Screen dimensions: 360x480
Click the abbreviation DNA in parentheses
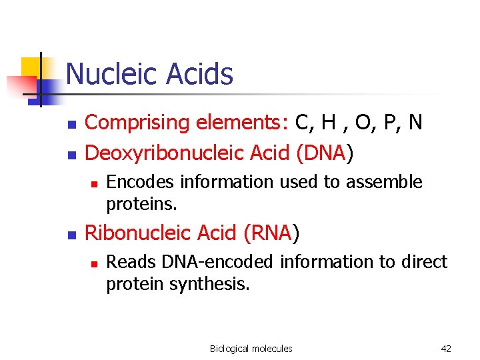point(325,154)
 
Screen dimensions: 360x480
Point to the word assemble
point(389,182)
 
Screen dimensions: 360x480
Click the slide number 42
point(446,349)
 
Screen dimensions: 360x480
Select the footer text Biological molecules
point(251,349)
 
